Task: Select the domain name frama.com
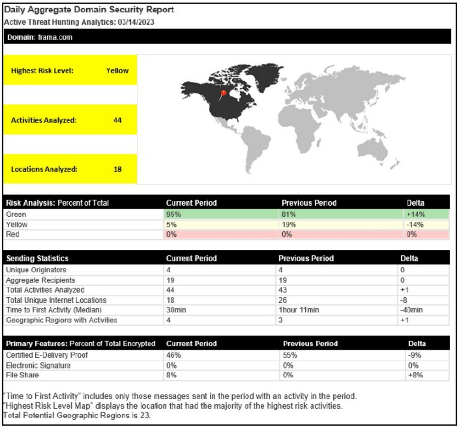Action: pyautogui.click(x=55, y=37)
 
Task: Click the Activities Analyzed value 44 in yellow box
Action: pyautogui.click(x=117, y=120)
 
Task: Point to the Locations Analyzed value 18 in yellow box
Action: pyautogui.click(x=117, y=169)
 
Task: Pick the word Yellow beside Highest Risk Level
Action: pyautogui.click(x=118, y=71)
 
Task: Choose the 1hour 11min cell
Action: pyautogui.click(x=299, y=310)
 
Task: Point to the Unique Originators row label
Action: pyautogui.click(x=36, y=270)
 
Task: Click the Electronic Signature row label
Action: pyautogui.click(x=38, y=365)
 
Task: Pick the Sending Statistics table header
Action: pyautogui.click(x=37, y=258)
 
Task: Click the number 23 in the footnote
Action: pyautogui.click(x=146, y=416)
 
